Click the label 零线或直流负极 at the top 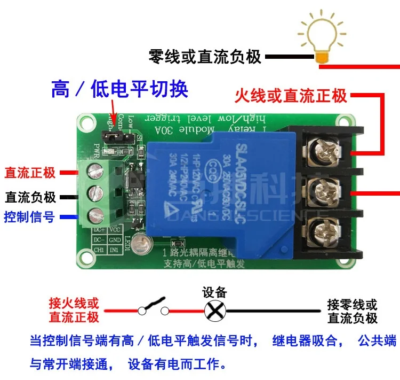pyautogui.click(x=205, y=56)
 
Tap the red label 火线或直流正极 pyautogui.click(x=291, y=96)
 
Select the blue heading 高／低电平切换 pyautogui.click(x=119, y=89)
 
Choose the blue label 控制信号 pyautogui.click(x=29, y=217)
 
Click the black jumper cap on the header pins pyautogui.click(x=113, y=137)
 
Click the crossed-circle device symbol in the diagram pyautogui.click(x=215, y=310)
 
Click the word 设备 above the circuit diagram pyautogui.click(x=215, y=292)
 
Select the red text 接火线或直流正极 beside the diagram pyautogui.click(x=74, y=311)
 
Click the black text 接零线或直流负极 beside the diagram pyautogui.click(x=353, y=312)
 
